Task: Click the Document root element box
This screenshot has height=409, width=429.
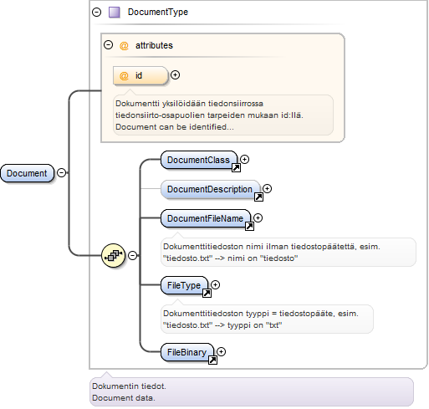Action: [27, 173]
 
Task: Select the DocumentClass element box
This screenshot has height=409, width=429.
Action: [199, 160]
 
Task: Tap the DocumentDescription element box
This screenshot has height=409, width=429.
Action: [210, 189]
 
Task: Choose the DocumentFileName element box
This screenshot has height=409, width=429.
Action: [206, 218]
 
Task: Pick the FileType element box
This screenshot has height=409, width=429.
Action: [184, 285]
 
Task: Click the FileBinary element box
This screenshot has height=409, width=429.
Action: [187, 352]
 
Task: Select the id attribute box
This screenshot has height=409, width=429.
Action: [140, 75]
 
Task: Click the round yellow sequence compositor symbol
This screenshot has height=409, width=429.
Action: [113, 255]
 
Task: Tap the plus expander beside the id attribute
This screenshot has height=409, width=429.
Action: [175, 75]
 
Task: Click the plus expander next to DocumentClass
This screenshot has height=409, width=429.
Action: [244, 159]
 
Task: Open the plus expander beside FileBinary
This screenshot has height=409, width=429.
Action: [221, 351]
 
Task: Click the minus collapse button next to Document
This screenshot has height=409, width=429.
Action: [61, 172]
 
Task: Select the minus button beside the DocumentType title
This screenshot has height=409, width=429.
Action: [96, 12]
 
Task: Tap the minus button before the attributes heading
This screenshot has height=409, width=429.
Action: [108, 45]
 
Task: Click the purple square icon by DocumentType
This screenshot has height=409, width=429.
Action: [115, 13]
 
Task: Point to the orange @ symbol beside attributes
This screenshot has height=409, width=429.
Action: [124, 45]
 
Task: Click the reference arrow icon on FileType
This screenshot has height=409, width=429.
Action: [207, 293]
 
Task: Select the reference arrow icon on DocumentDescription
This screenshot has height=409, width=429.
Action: [258, 197]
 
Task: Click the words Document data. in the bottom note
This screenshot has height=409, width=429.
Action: [124, 398]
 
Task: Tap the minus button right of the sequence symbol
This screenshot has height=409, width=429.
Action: [132, 255]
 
